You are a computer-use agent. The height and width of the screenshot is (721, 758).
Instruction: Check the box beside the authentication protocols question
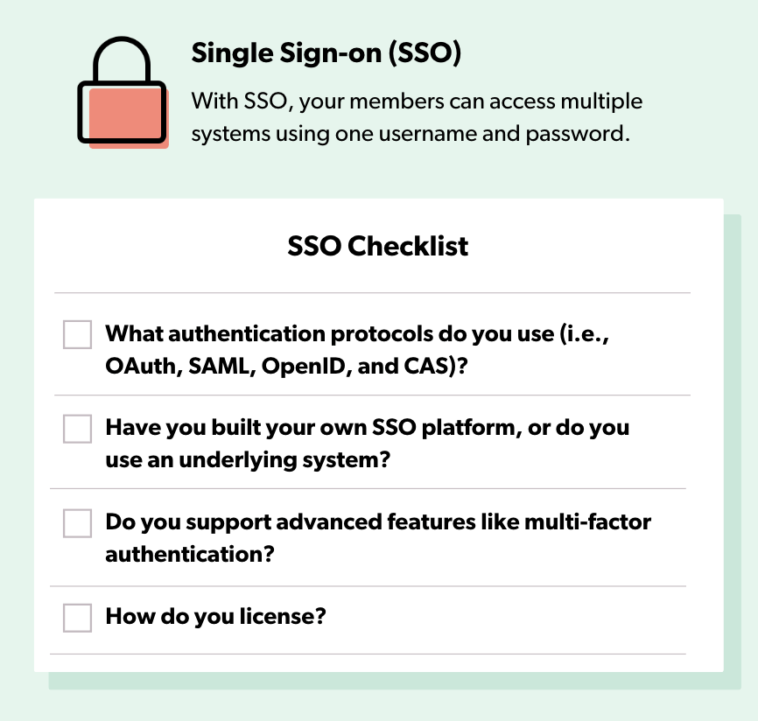[x=77, y=334]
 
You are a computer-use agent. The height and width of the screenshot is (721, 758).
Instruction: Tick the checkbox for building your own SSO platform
[x=77, y=429]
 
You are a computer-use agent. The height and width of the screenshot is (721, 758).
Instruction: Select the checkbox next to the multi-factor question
[x=77, y=523]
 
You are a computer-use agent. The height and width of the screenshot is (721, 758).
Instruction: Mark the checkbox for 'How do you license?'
[x=77, y=618]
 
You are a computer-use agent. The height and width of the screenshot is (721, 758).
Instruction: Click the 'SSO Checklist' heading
[x=377, y=246]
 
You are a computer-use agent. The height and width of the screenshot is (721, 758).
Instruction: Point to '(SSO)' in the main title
[x=425, y=52]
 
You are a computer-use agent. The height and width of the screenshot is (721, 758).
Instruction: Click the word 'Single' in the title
[x=233, y=53]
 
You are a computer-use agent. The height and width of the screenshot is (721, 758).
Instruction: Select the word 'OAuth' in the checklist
[x=140, y=367]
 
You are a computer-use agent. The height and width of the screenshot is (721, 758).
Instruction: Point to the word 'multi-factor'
[x=587, y=521]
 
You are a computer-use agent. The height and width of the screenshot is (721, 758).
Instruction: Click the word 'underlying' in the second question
[x=238, y=461]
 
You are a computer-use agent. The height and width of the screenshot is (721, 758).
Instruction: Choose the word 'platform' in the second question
[x=468, y=429]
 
